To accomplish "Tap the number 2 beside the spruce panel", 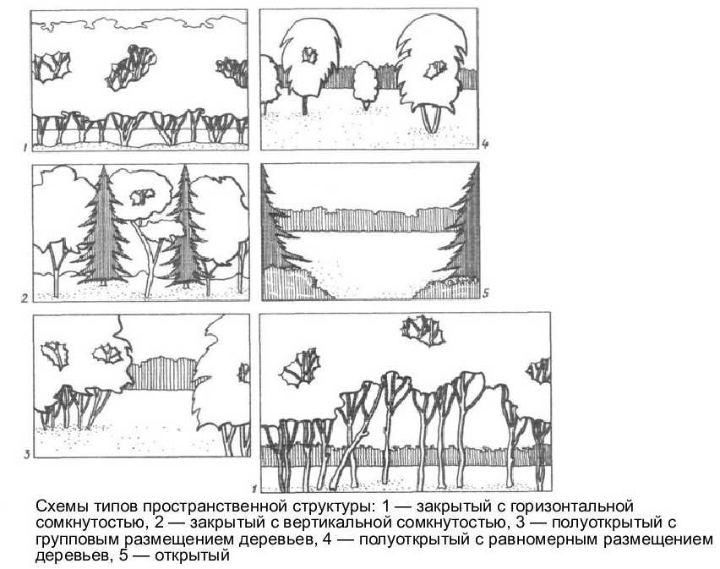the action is coord(25,298).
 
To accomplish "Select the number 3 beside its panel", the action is coord(27,455).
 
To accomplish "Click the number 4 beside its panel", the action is coord(485,145).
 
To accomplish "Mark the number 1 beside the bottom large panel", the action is coord(254,489).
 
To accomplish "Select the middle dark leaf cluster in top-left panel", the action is coord(131,68).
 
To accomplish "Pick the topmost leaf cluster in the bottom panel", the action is coord(423,331).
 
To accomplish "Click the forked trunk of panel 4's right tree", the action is coord(432,118).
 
